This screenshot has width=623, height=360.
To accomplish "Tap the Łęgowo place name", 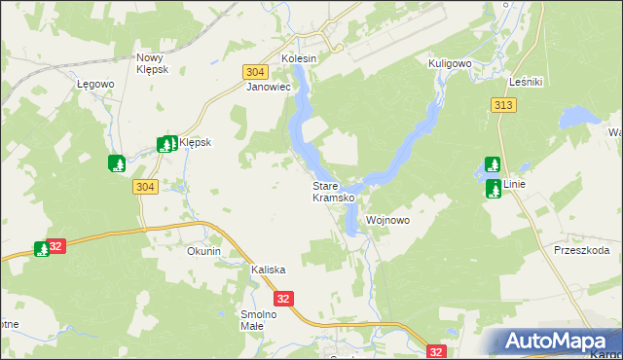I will [96, 84].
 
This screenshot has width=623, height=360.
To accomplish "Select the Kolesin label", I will [299, 58].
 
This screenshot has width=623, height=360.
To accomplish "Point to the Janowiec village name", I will [269, 87].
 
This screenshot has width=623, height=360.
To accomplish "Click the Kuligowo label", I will [450, 62].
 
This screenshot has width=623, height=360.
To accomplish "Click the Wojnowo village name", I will [387, 221].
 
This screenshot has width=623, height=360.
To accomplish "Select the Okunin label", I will [204, 251].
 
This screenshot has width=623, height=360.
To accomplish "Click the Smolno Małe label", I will [260, 320].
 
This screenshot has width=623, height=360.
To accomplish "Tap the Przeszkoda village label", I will [581, 250].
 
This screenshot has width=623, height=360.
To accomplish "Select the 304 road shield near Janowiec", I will [254, 72].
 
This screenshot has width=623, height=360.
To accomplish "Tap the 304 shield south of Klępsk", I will [145, 187].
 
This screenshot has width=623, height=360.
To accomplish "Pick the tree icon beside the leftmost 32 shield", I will [42, 249].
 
